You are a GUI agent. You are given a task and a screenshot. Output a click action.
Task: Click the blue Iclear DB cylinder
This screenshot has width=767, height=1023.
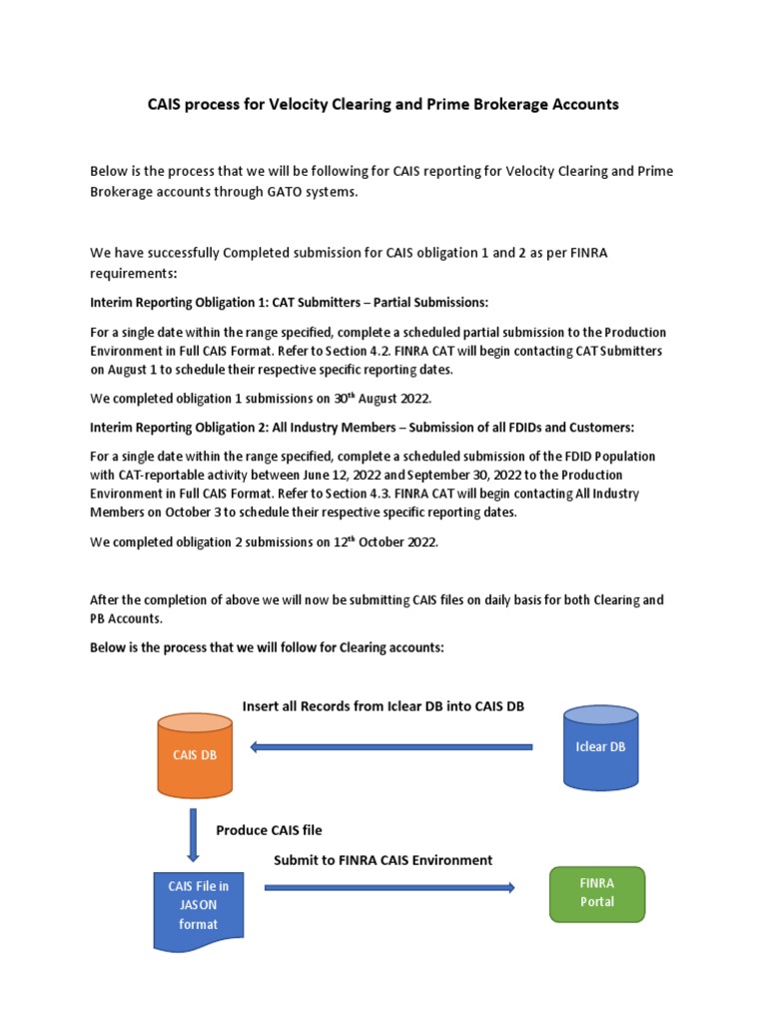(x=600, y=746)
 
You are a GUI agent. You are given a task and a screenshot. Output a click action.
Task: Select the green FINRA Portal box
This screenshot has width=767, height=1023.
(x=597, y=893)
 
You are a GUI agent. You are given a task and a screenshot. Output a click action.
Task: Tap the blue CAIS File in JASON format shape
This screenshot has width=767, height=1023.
(x=198, y=907)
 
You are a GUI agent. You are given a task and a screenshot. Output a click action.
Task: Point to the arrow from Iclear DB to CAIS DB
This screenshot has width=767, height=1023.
(x=390, y=746)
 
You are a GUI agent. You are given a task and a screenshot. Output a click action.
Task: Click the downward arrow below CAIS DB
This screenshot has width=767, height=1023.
(x=194, y=835)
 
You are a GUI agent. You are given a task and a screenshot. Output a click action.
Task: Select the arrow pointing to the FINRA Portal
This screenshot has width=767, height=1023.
(x=389, y=887)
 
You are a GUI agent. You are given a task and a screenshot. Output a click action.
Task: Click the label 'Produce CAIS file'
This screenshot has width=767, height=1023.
(x=269, y=830)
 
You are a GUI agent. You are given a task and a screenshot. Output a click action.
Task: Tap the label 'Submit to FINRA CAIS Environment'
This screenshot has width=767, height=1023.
(x=383, y=860)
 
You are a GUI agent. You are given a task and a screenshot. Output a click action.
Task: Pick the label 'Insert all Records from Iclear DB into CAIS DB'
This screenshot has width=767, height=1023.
(x=383, y=706)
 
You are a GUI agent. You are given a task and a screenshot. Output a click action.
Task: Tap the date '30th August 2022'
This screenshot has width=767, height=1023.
(x=381, y=400)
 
